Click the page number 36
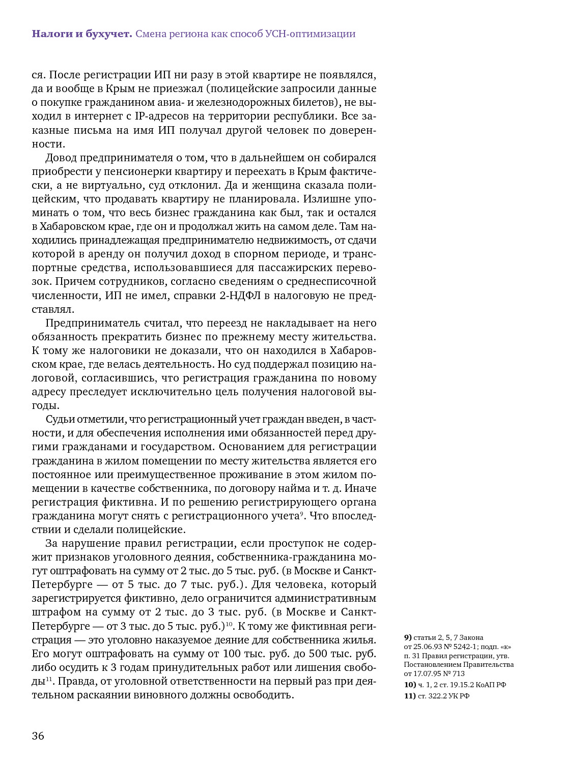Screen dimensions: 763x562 (x=38, y=736)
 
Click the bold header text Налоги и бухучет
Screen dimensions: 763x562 (x=82, y=34)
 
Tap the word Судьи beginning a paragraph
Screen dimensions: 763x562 (x=61, y=419)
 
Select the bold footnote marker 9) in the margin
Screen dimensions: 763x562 (x=408, y=637)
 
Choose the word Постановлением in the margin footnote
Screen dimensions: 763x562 (x=433, y=664)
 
